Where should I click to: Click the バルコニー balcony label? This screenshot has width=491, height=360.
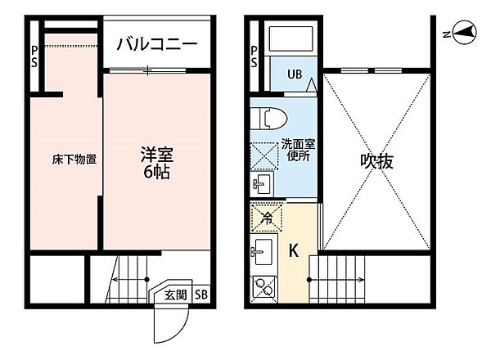[x=157, y=44]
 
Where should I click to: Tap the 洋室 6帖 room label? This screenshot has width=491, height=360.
[x=157, y=163]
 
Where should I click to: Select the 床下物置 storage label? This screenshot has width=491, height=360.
[x=74, y=160]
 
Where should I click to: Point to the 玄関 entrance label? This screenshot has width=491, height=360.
[x=176, y=295]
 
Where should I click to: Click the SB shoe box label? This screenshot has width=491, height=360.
[x=201, y=295]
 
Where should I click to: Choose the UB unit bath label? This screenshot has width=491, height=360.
[x=295, y=74]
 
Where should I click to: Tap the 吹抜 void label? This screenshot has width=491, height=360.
[x=376, y=161]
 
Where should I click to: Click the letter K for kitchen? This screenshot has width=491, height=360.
[x=294, y=250]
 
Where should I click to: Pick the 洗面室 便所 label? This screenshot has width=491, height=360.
[x=298, y=150]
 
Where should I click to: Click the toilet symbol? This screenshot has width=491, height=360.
[x=269, y=119]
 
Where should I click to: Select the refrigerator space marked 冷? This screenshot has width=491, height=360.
[x=267, y=218]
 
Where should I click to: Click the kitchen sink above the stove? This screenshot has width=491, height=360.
[x=263, y=251]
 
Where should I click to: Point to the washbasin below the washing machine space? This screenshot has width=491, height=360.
[x=262, y=184]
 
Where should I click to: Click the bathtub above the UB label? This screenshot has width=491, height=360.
[x=291, y=38]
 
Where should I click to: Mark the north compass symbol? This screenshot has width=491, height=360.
[x=465, y=32]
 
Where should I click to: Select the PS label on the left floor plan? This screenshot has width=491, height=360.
[x=34, y=56]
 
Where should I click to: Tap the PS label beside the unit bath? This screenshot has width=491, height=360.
[x=254, y=56]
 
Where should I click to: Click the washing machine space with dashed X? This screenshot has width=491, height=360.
[x=264, y=156]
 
